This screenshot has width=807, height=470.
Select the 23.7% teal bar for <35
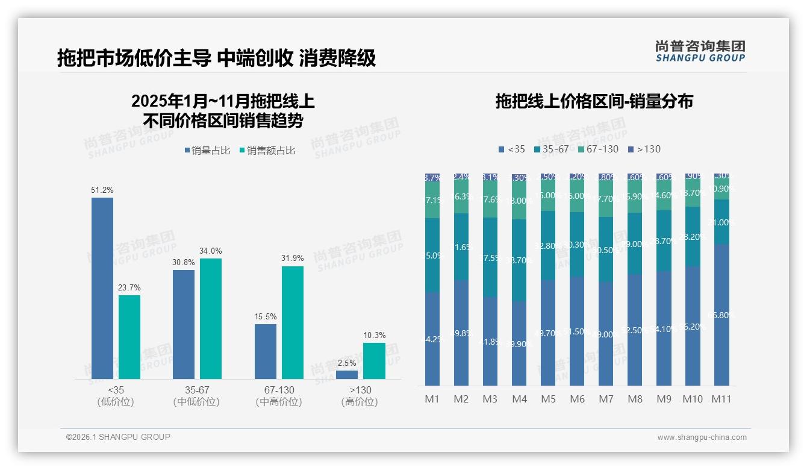point(129,337)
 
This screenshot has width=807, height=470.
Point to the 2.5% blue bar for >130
point(347,375)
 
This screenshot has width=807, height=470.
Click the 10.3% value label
point(374,335)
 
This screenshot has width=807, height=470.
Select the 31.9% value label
point(292,258)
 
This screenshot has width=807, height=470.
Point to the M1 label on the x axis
point(432,399)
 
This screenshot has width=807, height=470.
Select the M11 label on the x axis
point(721,399)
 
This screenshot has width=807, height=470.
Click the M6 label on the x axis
point(577,399)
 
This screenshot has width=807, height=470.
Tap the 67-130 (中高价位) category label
point(278,396)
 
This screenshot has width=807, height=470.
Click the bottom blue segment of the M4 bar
point(519,343)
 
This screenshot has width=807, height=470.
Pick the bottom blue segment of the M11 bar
point(721,315)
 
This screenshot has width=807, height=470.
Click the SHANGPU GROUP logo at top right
point(700,51)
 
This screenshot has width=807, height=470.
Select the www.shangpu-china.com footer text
point(702,437)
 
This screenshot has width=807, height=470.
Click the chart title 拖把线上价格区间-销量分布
point(594,101)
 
